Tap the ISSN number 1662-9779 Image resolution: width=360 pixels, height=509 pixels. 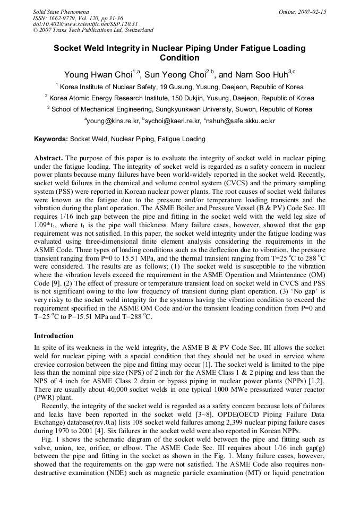point(62,18)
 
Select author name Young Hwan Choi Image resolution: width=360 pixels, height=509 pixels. point(98,74)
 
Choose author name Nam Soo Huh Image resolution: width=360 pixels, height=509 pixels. point(261,74)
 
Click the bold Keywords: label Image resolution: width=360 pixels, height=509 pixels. point(51,139)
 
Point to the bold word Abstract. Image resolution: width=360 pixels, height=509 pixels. point(49,158)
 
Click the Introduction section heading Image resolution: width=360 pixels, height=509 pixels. point(54,336)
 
